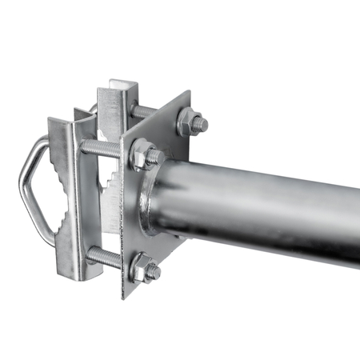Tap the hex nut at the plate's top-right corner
pyautogui.click(x=190, y=122)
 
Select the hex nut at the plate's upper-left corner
pyautogui.click(x=142, y=154)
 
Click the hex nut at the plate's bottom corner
pyautogui.click(x=142, y=268)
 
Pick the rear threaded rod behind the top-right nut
pyautogui.click(x=144, y=113)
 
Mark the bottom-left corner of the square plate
pyautogui.click(x=124, y=297)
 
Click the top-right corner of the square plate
pyautogui.click(x=190, y=91)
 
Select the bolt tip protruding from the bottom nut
pyautogui.click(x=154, y=272)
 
